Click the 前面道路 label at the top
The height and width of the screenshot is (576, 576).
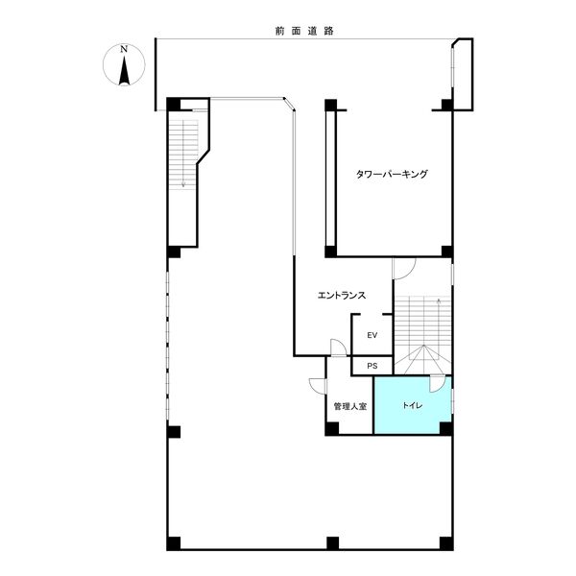click(x=304, y=31)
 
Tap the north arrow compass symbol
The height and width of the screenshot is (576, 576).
click(x=124, y=65)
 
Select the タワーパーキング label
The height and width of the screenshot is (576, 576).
click(x=392, y=174)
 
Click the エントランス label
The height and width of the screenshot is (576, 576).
click(x=341, y=295)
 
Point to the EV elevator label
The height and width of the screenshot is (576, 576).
click(x=372, y=335)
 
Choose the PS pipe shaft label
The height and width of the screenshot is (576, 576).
click(x=372, y=366)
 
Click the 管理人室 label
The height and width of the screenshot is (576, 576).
click(x=349, y=406)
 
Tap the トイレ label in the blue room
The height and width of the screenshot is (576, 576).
click(x=412, y=405)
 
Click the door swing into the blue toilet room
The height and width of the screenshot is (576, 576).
click(x=437, y=383)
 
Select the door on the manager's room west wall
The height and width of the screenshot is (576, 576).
click(x=318, y=387)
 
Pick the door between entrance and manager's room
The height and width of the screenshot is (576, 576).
click(x=338, y=348)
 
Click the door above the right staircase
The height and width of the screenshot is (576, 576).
click(x=404, y=269)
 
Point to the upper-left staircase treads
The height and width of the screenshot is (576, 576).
click(x=183, y=155)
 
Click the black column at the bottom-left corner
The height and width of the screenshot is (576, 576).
click(x=174, y=543)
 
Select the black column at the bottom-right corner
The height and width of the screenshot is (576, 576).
click(x=446, y=543)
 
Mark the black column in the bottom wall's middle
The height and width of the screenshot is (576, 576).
click(x=332, y=543)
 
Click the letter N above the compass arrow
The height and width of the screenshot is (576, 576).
click(x=124, y=49)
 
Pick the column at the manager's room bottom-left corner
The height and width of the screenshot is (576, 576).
click(x=332, y=429)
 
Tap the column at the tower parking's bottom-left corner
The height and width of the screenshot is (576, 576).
click(x=330, y=252)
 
